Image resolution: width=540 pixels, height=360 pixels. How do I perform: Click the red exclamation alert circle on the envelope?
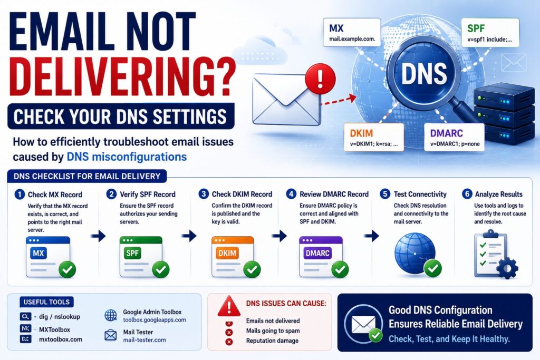point(320,79)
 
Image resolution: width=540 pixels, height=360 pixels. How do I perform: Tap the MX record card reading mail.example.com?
point(352,33)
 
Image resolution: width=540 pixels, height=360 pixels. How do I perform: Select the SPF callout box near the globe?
point(490,33)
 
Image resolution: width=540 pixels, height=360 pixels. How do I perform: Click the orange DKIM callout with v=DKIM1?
point(374,138)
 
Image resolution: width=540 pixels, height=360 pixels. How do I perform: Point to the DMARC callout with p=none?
point(454,138)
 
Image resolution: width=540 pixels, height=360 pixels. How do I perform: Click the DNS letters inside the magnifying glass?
point(424,74)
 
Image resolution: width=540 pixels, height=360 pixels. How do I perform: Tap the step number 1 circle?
point(20,194)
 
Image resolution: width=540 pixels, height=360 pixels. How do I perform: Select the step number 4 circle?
point(291,194)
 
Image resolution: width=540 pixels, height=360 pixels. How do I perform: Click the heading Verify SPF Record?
point(148,194)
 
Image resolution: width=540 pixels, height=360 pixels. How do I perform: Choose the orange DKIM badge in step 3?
point(227,254)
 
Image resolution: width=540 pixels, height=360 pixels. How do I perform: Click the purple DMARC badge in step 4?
point(317,254)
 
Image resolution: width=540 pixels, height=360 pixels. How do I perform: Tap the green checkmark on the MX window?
point(67,269)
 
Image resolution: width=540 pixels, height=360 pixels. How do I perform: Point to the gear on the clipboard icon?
point(507,268)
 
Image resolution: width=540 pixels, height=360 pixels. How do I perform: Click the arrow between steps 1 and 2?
point(99,236)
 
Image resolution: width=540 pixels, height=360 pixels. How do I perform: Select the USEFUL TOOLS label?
point(46,302)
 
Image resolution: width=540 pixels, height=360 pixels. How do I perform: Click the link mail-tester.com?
point(144,340)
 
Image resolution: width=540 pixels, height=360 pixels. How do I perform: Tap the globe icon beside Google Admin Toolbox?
point(111,315)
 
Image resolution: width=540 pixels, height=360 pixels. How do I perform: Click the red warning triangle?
point(229,306)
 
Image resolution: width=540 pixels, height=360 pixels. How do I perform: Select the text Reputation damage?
point(272,340)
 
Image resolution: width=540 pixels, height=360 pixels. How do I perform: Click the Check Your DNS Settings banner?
point(121,116)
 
